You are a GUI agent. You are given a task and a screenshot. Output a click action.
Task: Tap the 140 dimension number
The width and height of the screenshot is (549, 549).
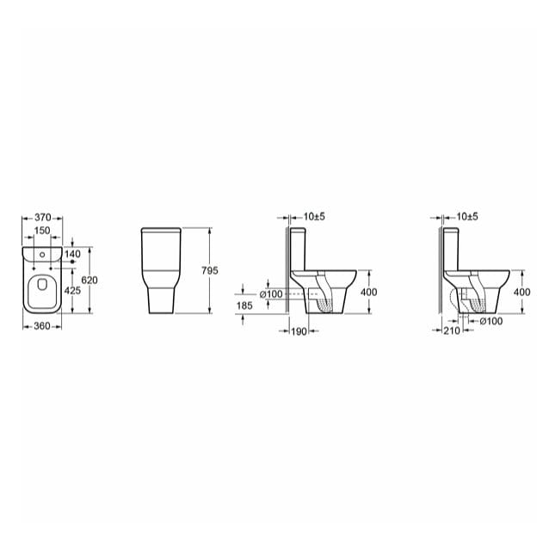pyautogui.click(x=71, y=254)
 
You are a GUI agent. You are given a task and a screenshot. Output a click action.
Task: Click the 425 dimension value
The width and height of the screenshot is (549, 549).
pyautogui.click(x=72, y=291)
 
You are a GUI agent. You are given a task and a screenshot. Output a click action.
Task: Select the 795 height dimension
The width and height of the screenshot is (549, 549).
pyautogui.click(x=210, y=270)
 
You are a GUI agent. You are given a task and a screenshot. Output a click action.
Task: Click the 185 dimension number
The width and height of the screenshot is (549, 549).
pyautogui.click(x=244, y=305)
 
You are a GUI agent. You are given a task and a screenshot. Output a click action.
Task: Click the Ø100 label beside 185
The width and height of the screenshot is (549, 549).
pyautogui.click(x=274, y=294)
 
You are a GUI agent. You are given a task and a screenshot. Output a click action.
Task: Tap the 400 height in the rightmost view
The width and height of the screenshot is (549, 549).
pyautogui.click(x=521, y=292)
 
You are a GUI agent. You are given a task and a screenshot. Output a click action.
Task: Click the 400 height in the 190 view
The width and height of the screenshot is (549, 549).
pyautogui.click(x=368, y=292)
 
